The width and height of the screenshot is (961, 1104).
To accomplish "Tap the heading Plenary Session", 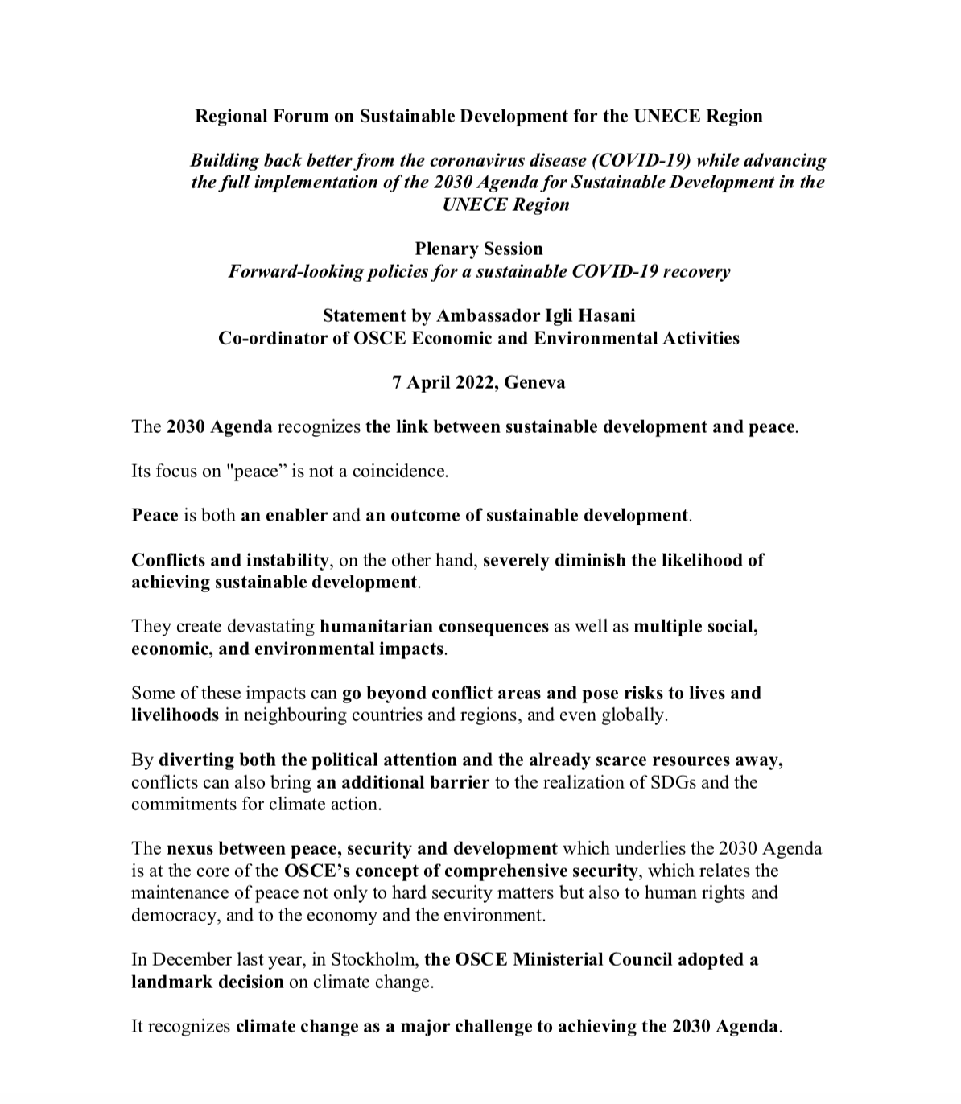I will (x=479, y=249).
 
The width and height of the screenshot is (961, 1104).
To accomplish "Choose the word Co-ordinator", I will (x=272, y=338).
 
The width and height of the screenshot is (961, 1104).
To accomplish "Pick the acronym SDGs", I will (x=674, y=782).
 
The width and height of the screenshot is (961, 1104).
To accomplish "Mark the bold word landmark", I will (x=169, y=982).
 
